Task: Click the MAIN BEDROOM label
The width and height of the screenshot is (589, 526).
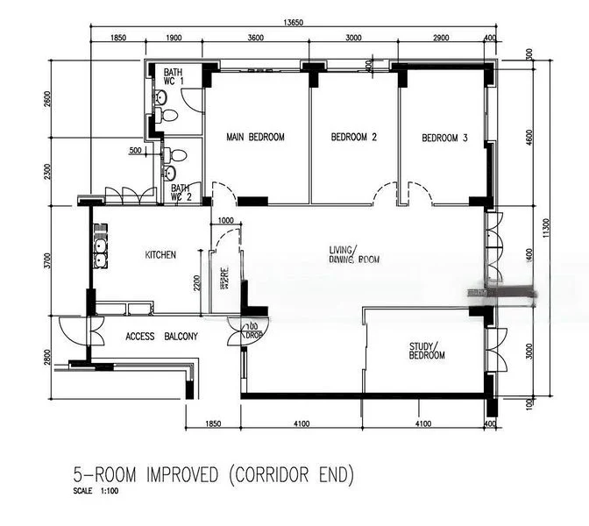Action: [255, 138]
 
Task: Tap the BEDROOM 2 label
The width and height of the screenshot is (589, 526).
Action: [353, 138]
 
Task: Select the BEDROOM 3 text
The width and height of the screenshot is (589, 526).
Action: [444, 138]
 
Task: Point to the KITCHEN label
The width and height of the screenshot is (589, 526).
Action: [160, 255]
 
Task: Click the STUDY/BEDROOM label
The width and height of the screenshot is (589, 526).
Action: [427, 351]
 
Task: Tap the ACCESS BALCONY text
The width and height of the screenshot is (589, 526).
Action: [161, 337]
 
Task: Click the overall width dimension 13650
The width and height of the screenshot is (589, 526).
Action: [294, 23]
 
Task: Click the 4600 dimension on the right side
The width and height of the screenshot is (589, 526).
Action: [529, 138]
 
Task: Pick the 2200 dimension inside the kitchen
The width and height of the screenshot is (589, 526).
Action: [199, 283]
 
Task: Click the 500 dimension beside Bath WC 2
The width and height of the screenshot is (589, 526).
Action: [135, 151]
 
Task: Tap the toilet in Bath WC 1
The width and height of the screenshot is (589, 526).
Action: [170, 115]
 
